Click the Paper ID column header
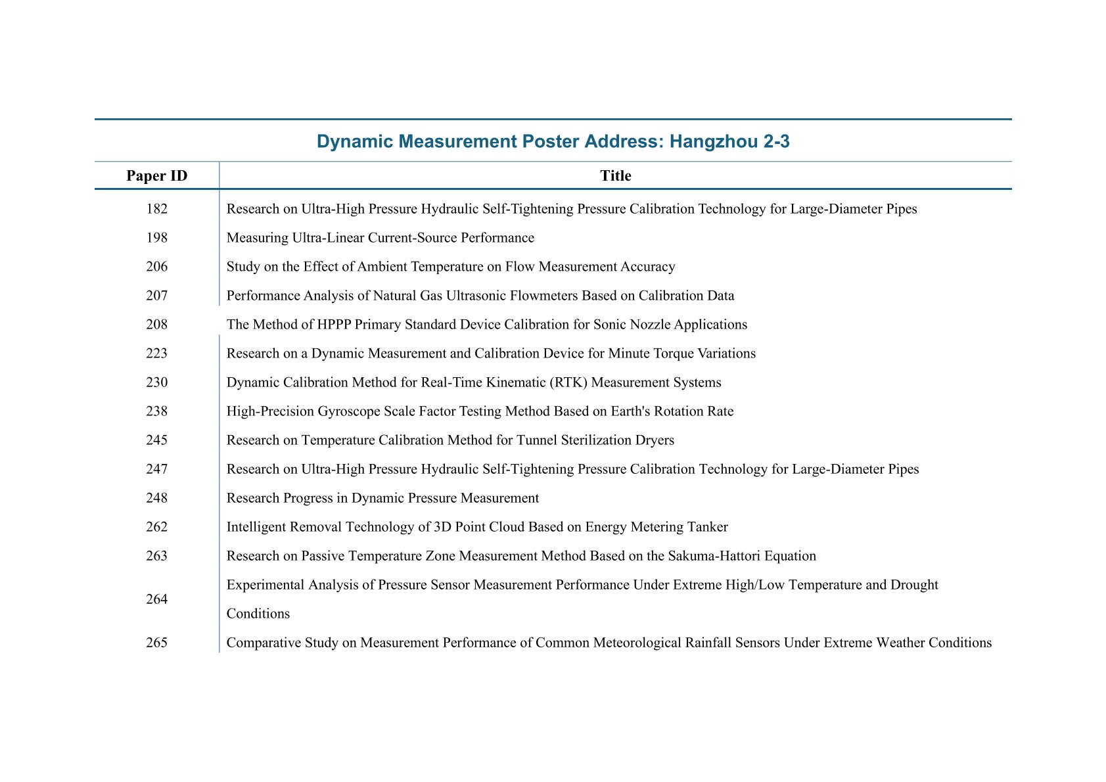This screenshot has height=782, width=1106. tap(156, 176)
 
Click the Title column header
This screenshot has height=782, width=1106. tap(615, 176)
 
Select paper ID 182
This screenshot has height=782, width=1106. tap(156, 209)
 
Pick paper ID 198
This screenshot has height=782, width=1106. tap(156, 238)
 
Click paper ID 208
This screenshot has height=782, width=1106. tap(156, 325)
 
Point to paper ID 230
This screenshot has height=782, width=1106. tap(156, 382)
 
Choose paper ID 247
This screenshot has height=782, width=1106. tap(156, 469)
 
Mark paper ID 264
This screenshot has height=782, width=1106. tap(156, 599)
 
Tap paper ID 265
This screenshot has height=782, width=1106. tap(156, 643)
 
